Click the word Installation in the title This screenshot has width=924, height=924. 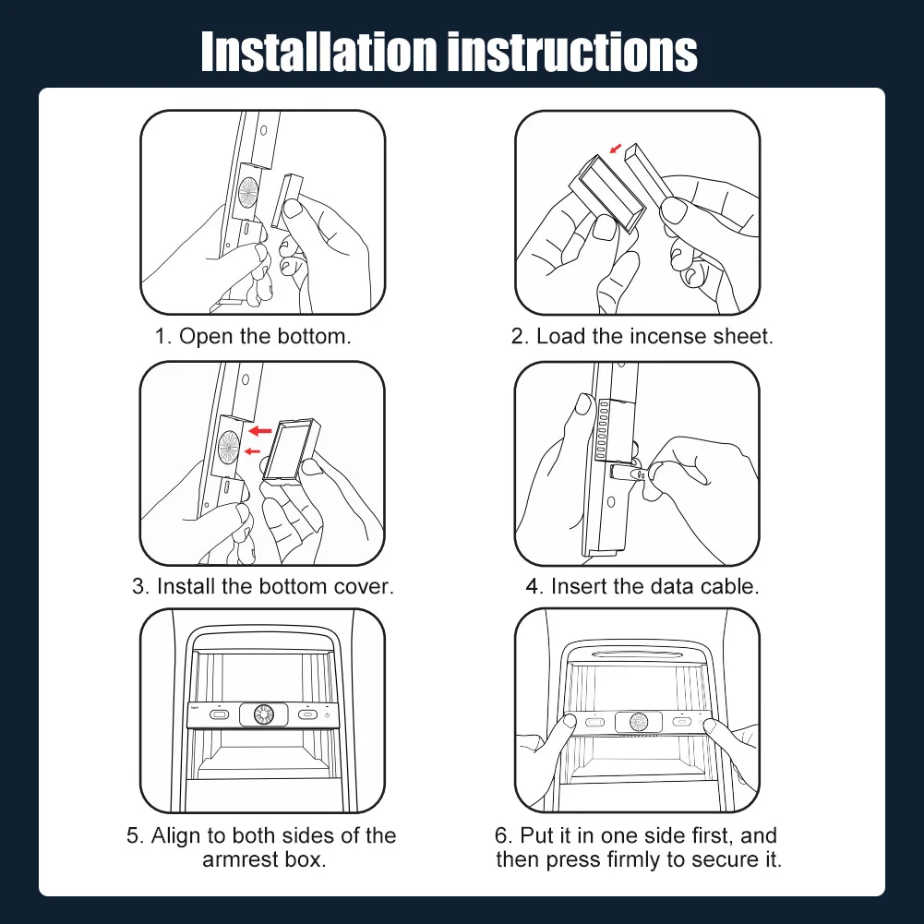pyautogui.click(x=318, y=52)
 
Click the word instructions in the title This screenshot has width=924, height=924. pyautogui.click(x=572, y=52)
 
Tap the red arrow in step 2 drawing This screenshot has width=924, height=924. pyautogui.click(x=615, y=148)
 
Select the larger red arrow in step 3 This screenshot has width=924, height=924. pyautogui.click(x=260, y=431)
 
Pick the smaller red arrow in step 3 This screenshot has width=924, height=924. pyautogui.click(x=252, y=451)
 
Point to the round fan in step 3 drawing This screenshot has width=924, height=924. pyautogui.click(x=229, y=446)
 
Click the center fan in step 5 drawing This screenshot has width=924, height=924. pyautogui.click(x=263, y=714)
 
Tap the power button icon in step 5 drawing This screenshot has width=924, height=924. pyautogui.click(x=327, y=715)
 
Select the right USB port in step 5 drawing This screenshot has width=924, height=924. pyautogui.click(x=307, y=714)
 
